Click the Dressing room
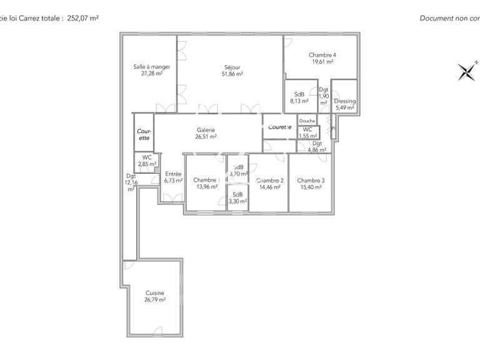click(x=344, y=104)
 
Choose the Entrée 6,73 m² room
click(x=173, y=177)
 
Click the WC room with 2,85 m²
click(x=147, y=161)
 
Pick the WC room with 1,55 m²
click(x=307, y=132)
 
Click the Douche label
click(x=307, y=121)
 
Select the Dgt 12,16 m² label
click(x=131, y=182)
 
